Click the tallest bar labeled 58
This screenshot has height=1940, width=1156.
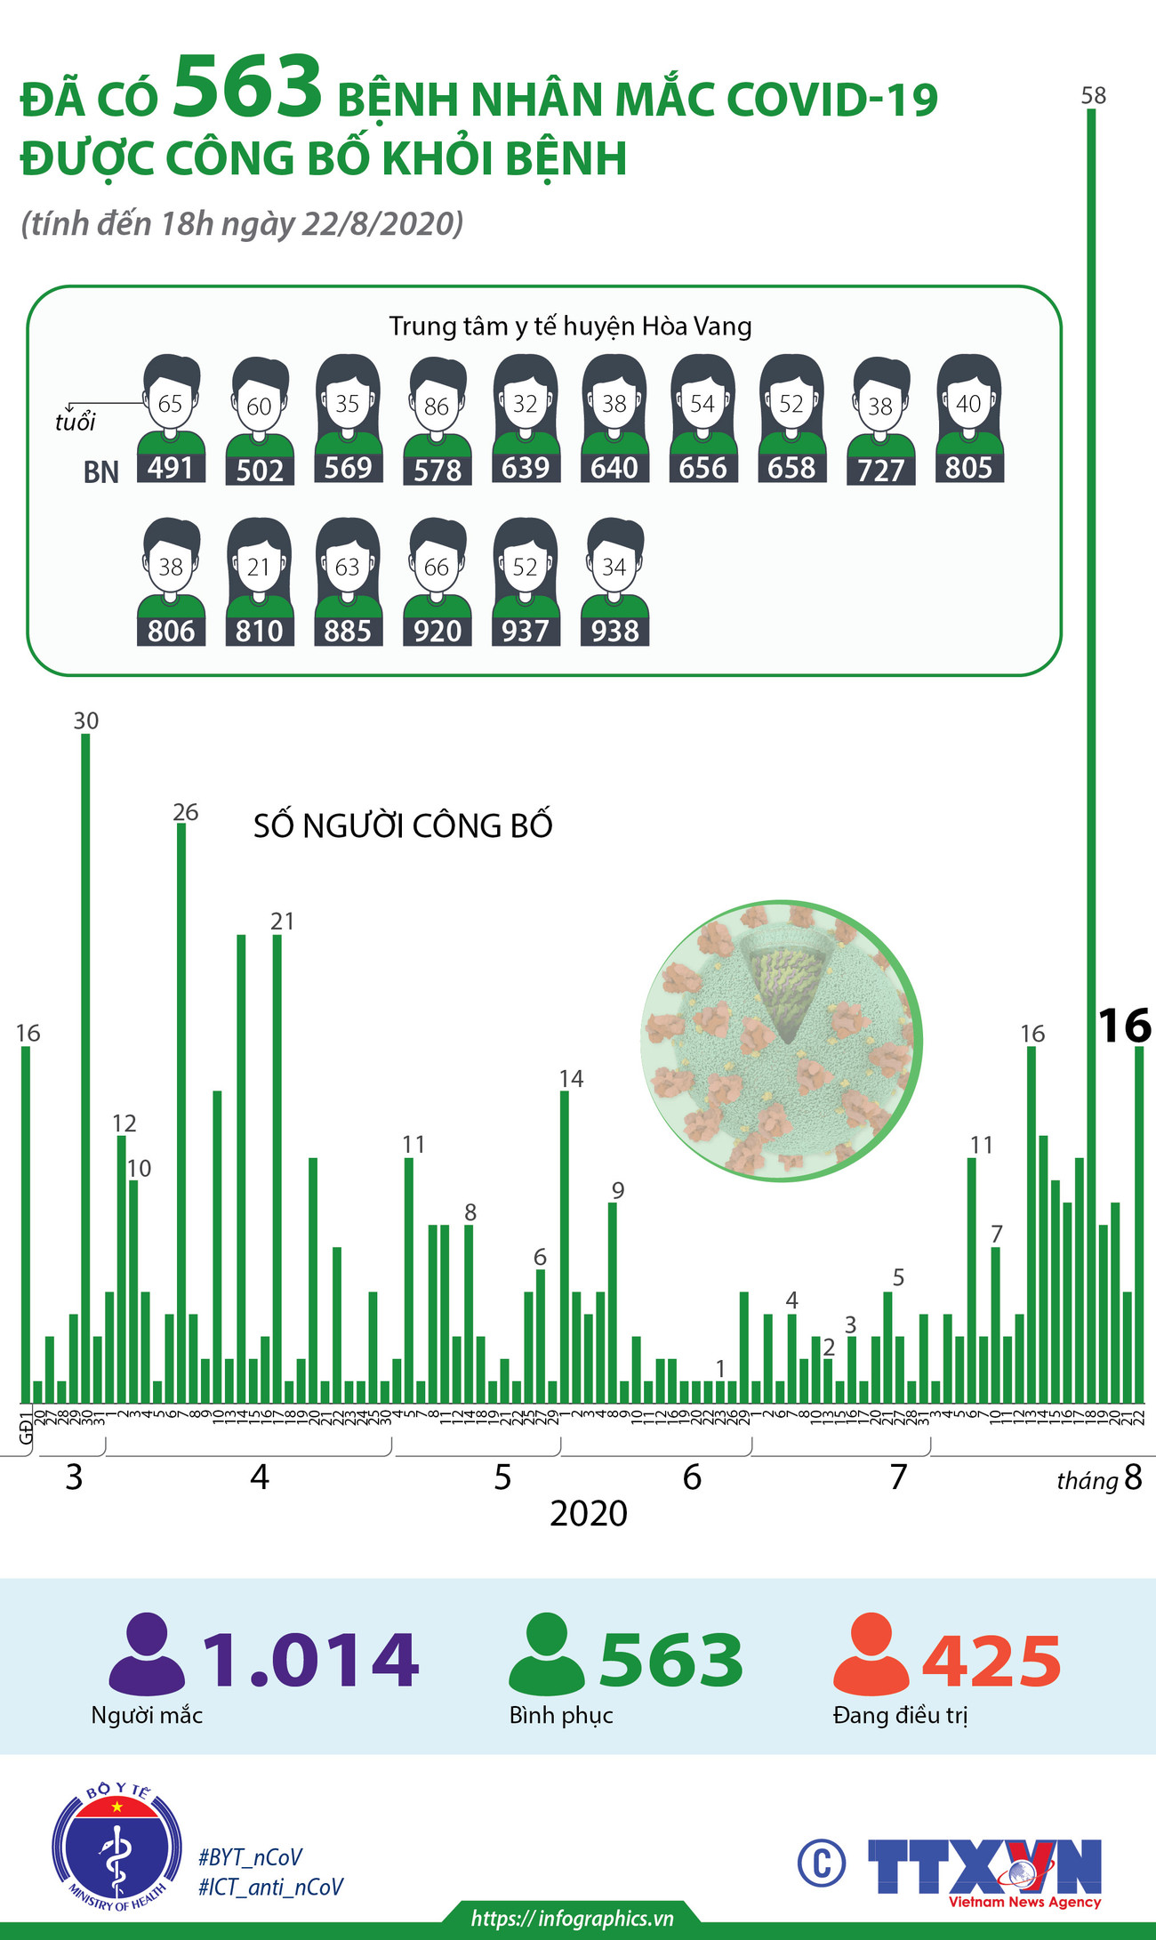(x=1092, y=756)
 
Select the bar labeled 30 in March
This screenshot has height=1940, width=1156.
(x=85, y=1067)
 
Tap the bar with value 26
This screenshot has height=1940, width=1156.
(x=181, y=1112)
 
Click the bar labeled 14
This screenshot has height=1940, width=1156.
(x=565, y=1245)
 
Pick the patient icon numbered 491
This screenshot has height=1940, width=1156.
(x=171, y=418)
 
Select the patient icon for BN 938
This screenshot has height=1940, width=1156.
(x=614, y=582)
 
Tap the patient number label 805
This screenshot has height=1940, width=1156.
(x=968, y=468)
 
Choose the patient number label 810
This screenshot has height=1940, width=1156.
(x=259, y=631)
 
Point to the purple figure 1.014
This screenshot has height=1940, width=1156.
(x=310, y=1660)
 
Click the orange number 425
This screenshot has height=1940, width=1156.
(x=991, y=1662)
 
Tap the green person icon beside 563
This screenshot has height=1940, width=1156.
(x=546, y=1654)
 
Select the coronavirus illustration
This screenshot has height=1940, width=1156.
(x=782, y=1041)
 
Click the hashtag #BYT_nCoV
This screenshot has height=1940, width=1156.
(x=250, y=1857)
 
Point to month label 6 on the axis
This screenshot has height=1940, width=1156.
(x=692, y=1477)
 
